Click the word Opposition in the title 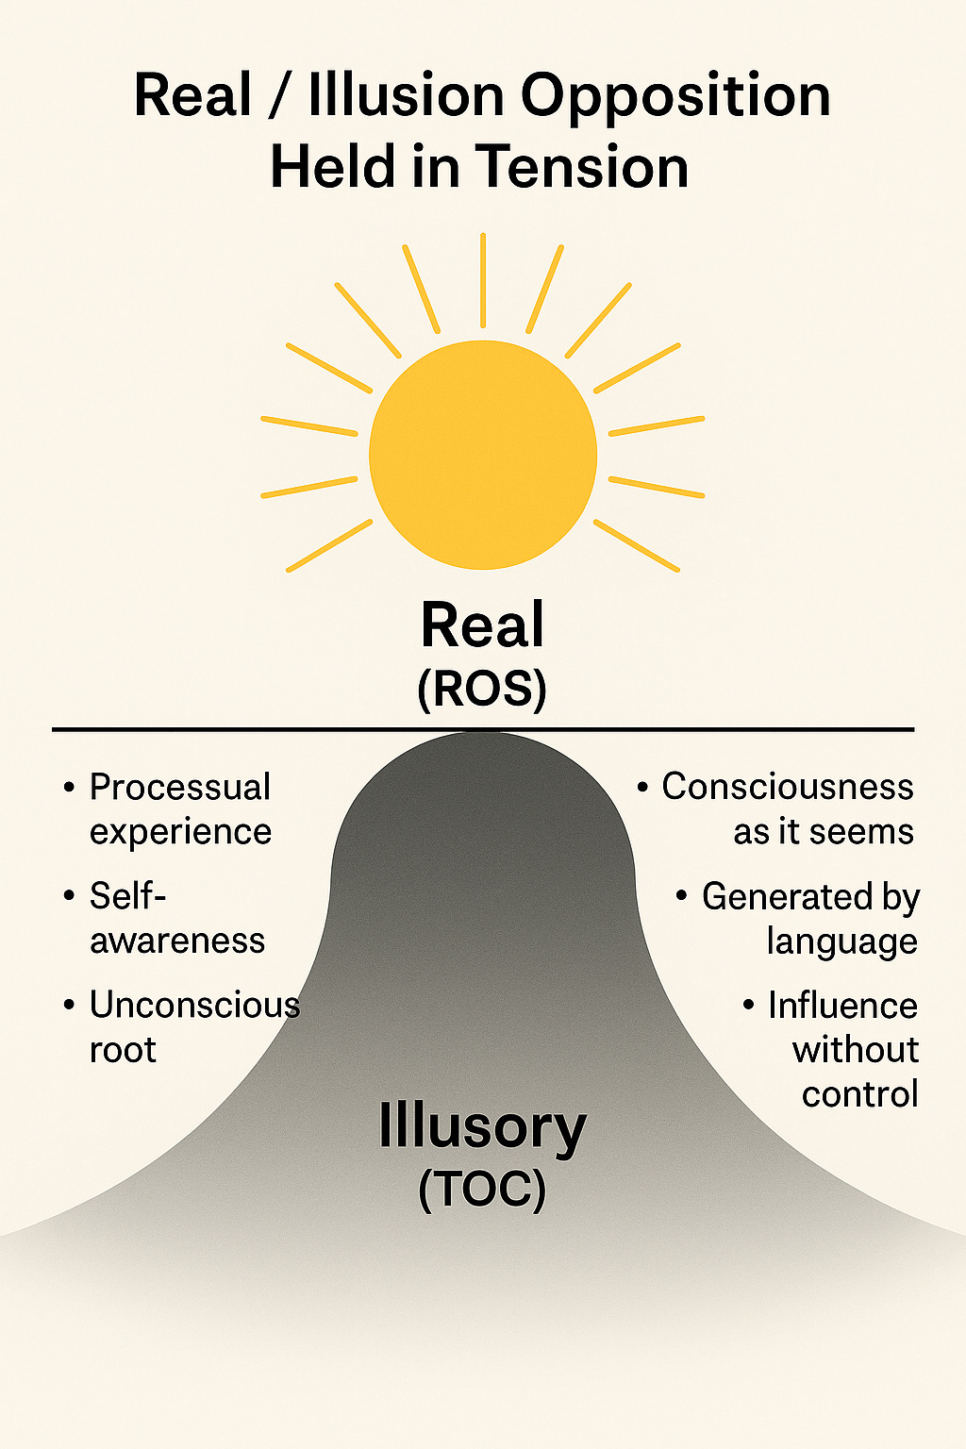coord(675,96)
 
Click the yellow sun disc coord(483,455)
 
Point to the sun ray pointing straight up coord(483,279)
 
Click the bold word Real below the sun coord(482,625)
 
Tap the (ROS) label coord(482,690)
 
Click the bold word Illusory coord(482,1126)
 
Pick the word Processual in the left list coord(180,787)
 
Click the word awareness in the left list coord(177,941)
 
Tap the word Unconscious coord(194,1005)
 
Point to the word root coord(123,1050)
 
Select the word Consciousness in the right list coord(788,787)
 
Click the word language coord(841,941)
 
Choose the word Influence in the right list coord(842,1006)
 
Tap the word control coord(859,1094)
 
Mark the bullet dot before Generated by coord(682,895)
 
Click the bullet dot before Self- coord(69,895)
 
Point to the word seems coord(862,832)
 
